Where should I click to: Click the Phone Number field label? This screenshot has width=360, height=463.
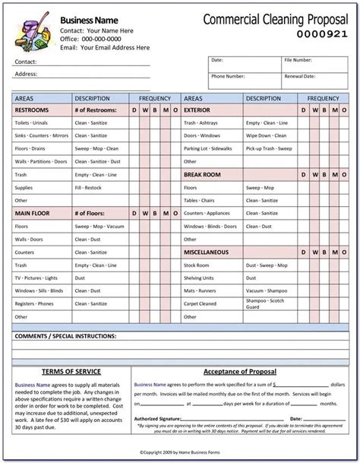pos(229,76)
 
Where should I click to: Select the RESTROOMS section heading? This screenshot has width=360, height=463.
pos(32,111)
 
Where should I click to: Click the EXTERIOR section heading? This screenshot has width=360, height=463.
pos(197,111)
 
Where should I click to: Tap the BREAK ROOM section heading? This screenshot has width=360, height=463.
pos(201,175)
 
